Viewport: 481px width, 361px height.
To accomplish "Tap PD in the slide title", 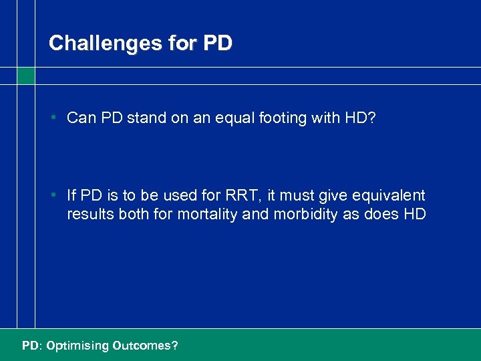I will point(216,43).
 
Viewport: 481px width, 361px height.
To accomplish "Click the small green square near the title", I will point(26,76).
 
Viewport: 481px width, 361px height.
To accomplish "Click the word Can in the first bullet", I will point(82,118).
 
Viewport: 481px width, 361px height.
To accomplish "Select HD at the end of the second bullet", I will point(414,215).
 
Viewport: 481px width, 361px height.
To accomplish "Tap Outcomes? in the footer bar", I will point(145,346).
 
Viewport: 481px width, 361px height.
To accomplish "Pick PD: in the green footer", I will point(31,346).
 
